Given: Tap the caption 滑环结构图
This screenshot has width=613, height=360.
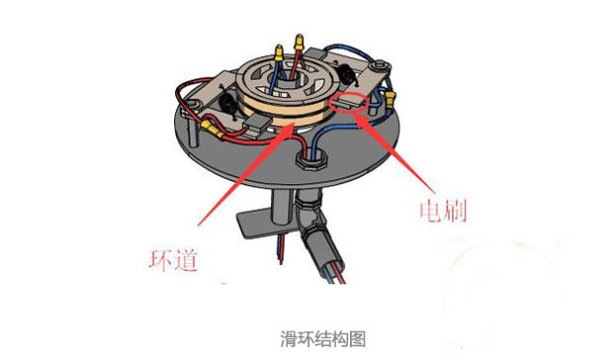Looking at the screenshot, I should coord(306,338).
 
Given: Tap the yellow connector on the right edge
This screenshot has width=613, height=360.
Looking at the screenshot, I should coord(392,97).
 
